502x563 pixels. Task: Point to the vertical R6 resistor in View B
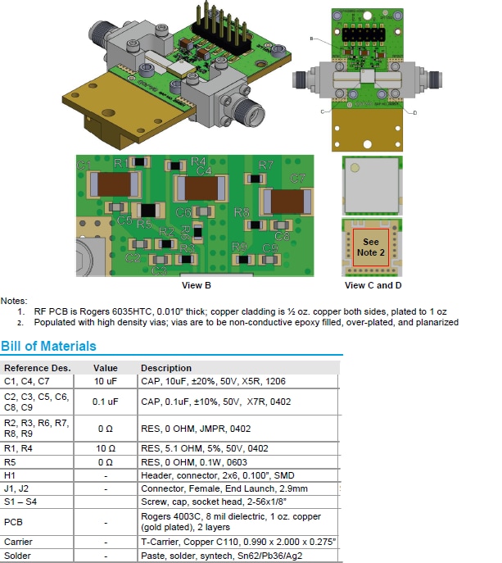(x=187, y=233)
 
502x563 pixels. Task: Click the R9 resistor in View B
(x=243, y=260)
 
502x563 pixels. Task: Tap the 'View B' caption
(x=197, y=286)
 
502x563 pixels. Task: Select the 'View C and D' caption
(x=373, y=286)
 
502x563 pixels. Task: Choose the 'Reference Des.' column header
(x=38, y=368)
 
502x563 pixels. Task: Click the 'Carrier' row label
(x=18, y=542)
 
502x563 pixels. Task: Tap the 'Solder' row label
(x=17, y=555)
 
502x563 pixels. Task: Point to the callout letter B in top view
(x=312, y=39)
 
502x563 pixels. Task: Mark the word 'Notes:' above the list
(x=14, y=302)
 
